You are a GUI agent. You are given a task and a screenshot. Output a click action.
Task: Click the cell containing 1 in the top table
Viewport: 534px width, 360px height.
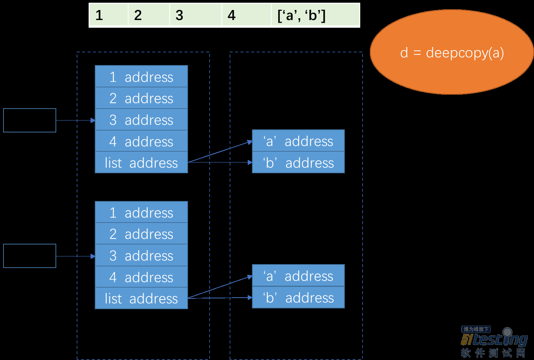[x=109, y=15]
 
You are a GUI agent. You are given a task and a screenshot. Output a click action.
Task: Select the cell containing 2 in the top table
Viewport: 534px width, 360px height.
[x=149, y=15]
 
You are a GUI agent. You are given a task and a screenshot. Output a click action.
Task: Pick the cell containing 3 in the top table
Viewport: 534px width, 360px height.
[x=196, y=15]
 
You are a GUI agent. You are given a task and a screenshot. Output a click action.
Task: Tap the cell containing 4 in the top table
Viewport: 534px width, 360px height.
[x=247, y=15]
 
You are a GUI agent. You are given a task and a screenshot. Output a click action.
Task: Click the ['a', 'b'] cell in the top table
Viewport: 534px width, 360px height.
[x=316, y=15]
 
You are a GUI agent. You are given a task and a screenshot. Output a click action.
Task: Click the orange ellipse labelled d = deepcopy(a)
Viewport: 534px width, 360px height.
[x=452, y=52]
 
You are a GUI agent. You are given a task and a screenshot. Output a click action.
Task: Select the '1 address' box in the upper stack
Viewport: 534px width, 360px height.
[x=141, y=77]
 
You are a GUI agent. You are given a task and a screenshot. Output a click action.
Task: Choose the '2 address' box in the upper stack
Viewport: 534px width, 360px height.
[x=141, y=98]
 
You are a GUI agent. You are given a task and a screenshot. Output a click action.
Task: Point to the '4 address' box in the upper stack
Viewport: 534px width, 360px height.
[x=141, y=141]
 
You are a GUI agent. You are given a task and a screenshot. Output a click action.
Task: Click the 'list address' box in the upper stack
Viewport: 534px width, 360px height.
[x=141, y=162]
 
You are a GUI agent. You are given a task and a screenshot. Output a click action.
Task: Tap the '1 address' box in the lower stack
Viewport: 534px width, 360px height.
[x=141, y=212]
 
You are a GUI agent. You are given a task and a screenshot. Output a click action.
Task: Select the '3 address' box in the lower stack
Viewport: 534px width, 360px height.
[x=141, y=255]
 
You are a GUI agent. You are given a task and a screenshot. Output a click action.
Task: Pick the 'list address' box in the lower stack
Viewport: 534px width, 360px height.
[x=141, y=298]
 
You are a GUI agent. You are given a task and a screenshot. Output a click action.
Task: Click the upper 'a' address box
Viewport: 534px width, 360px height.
[x=298, y=141]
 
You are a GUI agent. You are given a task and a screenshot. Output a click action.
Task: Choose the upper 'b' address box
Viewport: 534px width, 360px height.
[x=298, y=162]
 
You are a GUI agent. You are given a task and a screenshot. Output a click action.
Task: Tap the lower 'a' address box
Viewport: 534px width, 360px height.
[x=298, y=275]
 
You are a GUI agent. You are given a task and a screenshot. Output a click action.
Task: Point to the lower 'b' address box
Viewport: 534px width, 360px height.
[x=298, y=297]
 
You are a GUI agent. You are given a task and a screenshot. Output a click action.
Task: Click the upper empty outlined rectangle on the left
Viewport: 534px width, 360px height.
[x=30, y=109]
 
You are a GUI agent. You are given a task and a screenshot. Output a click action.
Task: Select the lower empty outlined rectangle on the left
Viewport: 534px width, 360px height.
[x=30, y=244]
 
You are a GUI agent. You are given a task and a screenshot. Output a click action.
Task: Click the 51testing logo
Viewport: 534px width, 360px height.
[x=494, y=342]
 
